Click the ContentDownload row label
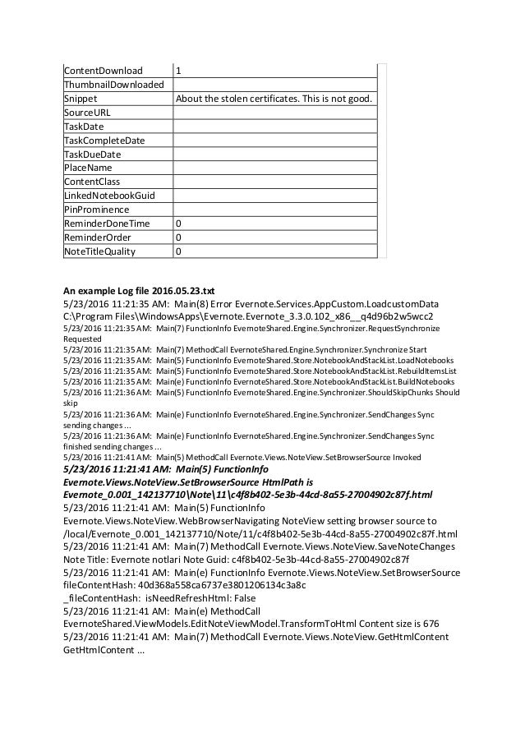tap(104, 71)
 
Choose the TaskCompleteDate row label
tap(104, 141)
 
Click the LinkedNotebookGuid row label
tap(109, 196)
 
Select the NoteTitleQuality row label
tap(99, 251)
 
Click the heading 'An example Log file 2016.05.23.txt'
tap(139, 290)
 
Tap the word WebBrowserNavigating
tap(211, 521)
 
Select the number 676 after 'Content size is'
tap(431, 624)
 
